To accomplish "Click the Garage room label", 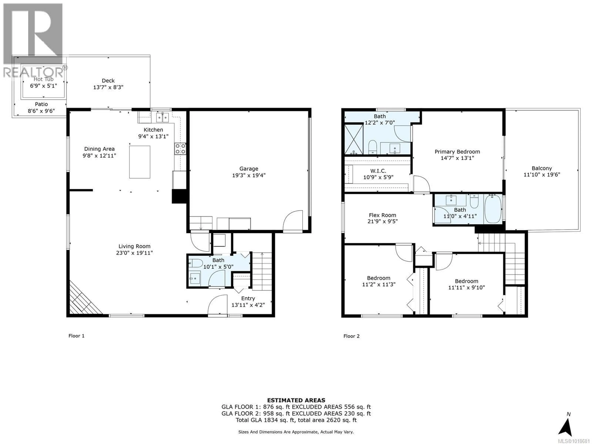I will pyautogui.click(x=249, y=169).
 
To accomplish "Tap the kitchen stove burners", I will pyautogui.click(x=180, y=149).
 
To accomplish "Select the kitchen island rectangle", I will pyautogui.click(x=139, y=162).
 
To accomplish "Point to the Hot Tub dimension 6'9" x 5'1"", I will pyautogui.click(x=43, y=86).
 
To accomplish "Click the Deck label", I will pyautogui.click(x=108, y=81).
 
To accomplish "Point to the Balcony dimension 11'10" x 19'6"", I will pyautogui.click(x=542, y=175).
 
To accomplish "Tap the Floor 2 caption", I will pyautogui.click(x=351, y=336).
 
